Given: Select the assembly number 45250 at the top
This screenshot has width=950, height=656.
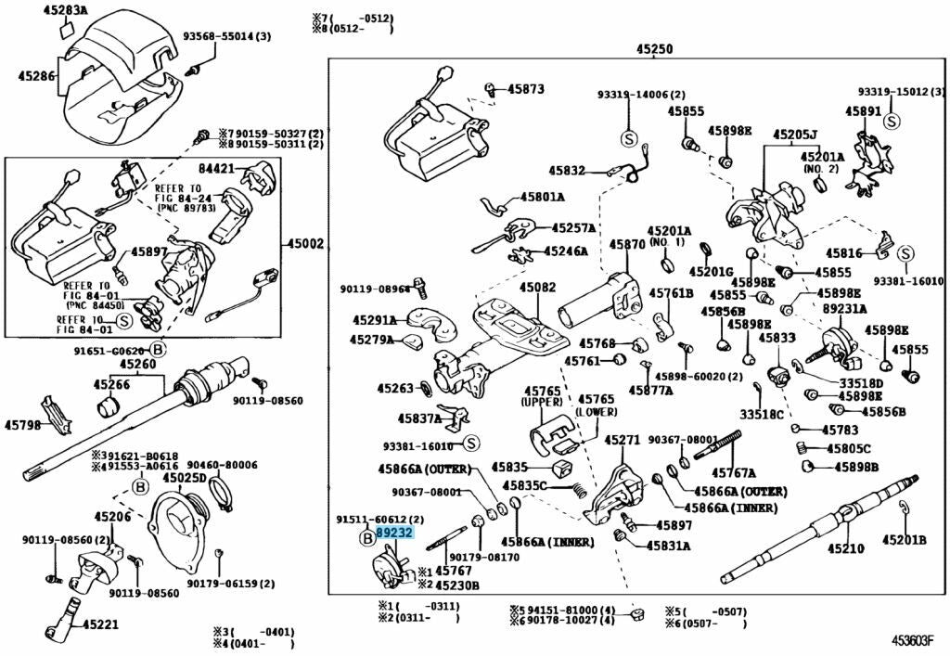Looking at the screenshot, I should [x=654, y=49].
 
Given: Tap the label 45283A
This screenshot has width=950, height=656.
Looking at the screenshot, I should [x=65, y=10].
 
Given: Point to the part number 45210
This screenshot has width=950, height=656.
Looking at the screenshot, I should [x=845, y=548].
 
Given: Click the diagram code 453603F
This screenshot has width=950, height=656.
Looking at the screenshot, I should [x=913, y=640].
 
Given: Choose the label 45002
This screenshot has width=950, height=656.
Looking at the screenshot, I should [x=305, y=244].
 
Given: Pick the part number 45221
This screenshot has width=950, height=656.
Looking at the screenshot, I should [x=99, y=624].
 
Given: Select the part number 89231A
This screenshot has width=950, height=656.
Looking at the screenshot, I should [x=844, y=309].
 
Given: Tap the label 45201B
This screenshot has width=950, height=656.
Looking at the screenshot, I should [x=905, y=539].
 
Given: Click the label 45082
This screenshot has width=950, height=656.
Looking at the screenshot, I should [x=537, y=288].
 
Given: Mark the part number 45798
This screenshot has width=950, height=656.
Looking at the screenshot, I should [x=22, y=425].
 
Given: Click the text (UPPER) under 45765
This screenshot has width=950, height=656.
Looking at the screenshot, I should [x=543, y=402].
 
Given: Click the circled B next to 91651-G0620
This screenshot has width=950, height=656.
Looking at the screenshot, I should [x=158, y=350].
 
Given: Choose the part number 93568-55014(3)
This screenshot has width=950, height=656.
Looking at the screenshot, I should [x=226, y=36].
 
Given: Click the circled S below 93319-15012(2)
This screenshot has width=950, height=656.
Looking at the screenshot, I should [x=891, y=121].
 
